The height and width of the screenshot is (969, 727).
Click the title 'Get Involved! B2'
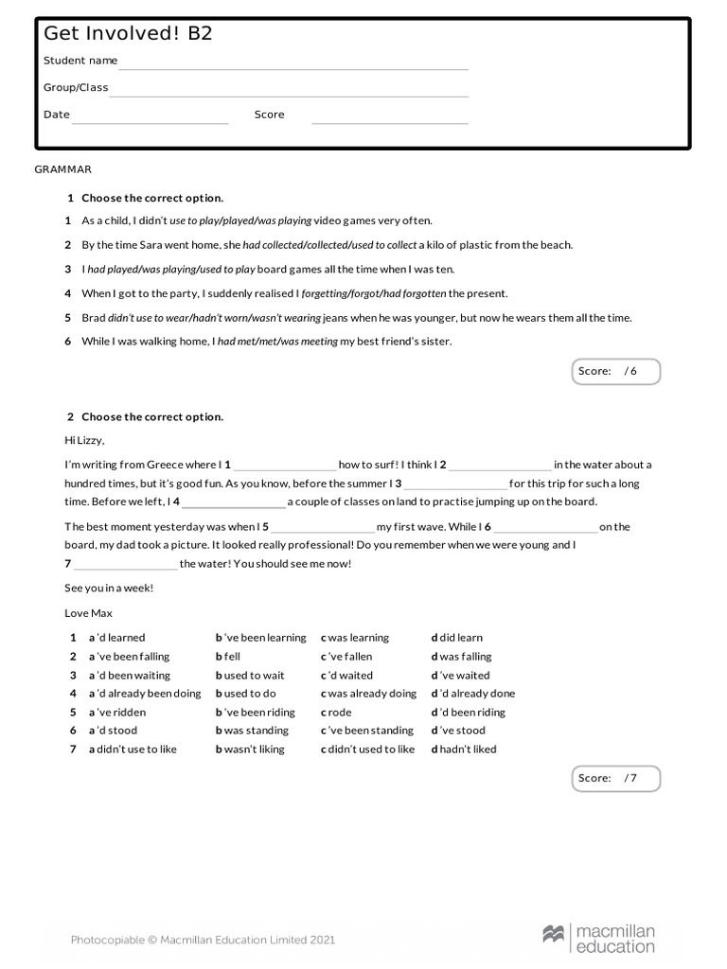pos(128,34)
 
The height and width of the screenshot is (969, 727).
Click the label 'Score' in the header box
pos(269,115)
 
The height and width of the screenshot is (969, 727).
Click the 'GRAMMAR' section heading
pos(62,169)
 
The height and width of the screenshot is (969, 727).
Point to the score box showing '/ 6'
pos(616,371)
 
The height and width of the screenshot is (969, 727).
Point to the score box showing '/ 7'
pos(616,778)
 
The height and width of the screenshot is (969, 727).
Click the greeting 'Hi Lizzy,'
pos(84,440)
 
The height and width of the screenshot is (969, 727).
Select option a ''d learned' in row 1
pos(117,638)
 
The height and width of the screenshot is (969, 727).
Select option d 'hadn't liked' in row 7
pos(464,749)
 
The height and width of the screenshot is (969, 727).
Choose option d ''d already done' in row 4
pos(473,694)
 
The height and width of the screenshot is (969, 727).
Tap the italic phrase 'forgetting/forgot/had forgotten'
pos(373,293)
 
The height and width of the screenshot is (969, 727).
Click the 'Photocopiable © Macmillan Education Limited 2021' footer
pos(203,940)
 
